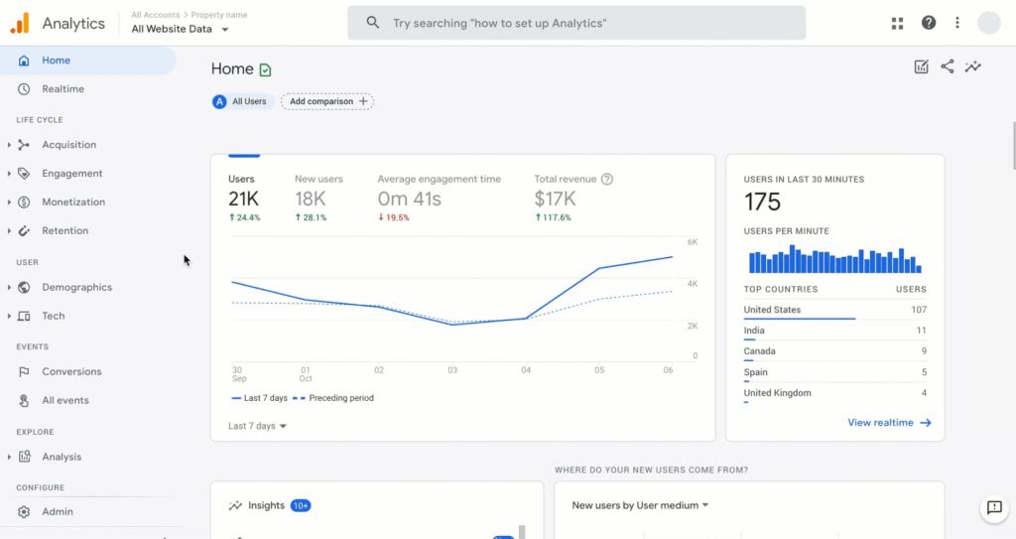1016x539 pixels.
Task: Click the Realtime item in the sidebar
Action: point(63,89)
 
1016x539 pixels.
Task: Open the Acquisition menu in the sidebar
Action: point(68,145)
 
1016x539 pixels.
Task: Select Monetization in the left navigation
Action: point(72,202)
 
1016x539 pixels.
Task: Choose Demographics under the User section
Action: point(76,288)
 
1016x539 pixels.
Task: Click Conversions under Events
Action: point(71,372)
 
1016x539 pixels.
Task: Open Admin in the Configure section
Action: point(57,512)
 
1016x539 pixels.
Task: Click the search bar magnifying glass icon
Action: point(373,23)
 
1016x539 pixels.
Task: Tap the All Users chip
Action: point(243,101)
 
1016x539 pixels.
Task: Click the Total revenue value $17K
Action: point(554,200)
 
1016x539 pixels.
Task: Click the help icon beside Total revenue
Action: point(607,180)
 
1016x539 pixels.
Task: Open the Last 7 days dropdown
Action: point(257,426)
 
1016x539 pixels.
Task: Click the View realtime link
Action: point(889,423)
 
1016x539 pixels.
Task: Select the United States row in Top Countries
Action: point(833,311)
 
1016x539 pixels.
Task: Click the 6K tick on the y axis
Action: point(694,242)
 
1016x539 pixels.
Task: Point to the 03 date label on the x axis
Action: point(452,369)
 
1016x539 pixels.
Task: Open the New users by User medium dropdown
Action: point(641,505)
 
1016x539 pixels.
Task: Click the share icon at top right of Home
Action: point(948,67)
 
